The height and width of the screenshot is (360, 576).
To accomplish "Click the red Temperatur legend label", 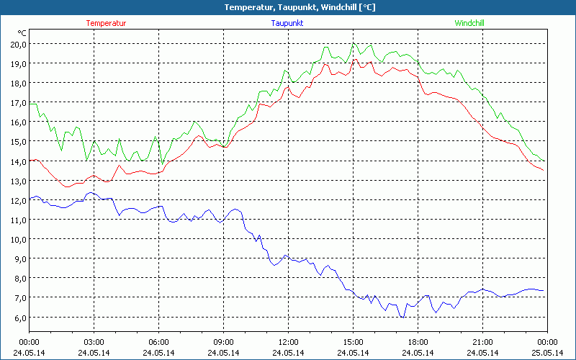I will pyautogui.click(x=106, y=23).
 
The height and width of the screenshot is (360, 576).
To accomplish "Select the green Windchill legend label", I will pyautogui.click(x=469, y=23).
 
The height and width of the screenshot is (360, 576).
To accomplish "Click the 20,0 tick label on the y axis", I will pyautogui.click(x=17, y=44).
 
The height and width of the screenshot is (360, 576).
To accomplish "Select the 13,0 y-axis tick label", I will pyautogui.click(x=17, y=181).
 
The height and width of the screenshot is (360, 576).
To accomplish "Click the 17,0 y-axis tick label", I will pyautogui.click(x=17, y=103).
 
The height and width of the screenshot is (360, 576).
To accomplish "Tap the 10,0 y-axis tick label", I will pyautogui.click(x=17, y=240).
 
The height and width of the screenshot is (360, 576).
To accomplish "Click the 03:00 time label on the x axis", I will pyautogui.click(x=94, y=342).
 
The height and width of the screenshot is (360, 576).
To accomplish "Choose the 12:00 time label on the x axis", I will pyautogui.click(x=288, y=342).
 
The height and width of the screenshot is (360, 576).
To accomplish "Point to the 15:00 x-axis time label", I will pyautogui.click(x=353, y=342).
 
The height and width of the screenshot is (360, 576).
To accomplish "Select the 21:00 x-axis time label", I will pyautogui.click(x=482, y=342).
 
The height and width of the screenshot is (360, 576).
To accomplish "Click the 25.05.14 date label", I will pyautogui.click(x=547, y=352).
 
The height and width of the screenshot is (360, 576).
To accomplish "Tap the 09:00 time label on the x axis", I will pyautogui.click(x=223, y=342).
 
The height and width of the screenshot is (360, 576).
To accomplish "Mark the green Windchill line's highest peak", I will pyautogui.click(x=354, y=43).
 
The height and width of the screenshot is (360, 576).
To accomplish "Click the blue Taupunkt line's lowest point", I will pyautogui.click(x=404, y=317).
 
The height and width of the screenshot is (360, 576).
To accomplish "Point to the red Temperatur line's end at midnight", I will pyautogui.click(x=544, y=171).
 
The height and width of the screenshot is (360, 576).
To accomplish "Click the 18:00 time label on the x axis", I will pyautogui.click(x=418, y=342).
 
